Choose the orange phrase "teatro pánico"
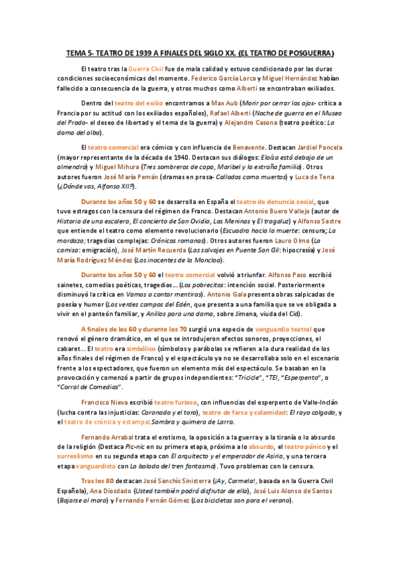point(309,446)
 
